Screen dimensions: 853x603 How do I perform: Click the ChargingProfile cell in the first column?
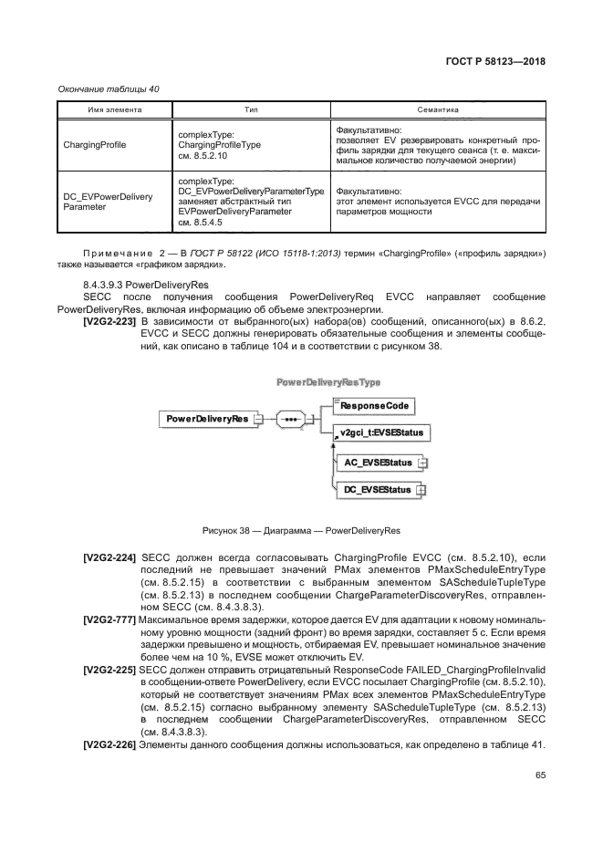pyautogui.click(x=94, y=144)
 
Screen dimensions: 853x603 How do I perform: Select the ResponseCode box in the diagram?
pyautogui.click(x=376, y=404)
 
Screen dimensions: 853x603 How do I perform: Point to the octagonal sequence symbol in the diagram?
pyautogui.click(x=290, y=419)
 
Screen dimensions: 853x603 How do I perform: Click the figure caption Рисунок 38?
pyautogui.click(x=301, y=530)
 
